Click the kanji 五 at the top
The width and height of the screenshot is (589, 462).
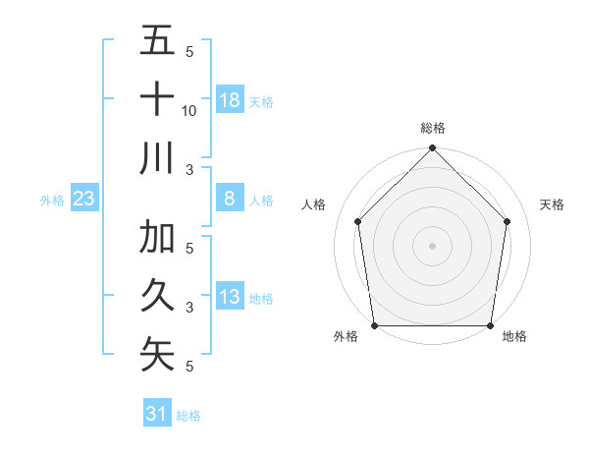157,43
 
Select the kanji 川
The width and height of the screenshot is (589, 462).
157,157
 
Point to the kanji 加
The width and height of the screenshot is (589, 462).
157,238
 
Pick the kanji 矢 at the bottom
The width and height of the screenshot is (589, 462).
157,355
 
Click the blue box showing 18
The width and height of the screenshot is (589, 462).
229,99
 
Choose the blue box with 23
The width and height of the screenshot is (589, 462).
83,200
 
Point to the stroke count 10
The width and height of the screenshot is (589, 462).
189,110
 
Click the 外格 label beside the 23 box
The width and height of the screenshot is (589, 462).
52,201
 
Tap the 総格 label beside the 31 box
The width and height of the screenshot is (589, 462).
188,415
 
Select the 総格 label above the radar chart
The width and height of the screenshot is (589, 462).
432,128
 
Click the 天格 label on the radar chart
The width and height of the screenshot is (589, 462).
552,204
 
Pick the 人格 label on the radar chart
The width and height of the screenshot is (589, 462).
315,204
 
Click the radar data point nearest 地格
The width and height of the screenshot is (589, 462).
490,325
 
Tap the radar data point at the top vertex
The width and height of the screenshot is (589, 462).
432,149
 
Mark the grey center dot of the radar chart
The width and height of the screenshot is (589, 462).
432,245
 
